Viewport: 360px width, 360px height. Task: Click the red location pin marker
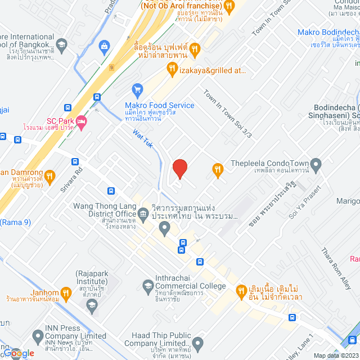click(179, 168)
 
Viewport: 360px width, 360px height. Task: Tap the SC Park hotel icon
click(81, 121)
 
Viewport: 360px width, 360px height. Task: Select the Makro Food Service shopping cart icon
click(137, 89)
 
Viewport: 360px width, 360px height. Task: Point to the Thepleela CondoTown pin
click(316, 165)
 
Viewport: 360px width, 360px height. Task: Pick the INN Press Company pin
click(38, 337)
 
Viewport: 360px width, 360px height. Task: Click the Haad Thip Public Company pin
click(197, 343)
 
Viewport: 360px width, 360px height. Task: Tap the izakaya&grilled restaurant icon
click(172, 69)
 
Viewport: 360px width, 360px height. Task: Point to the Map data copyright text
click(336, 355)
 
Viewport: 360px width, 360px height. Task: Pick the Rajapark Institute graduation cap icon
click(92, 305)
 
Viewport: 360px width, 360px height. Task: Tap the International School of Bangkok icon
click(61, 45)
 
